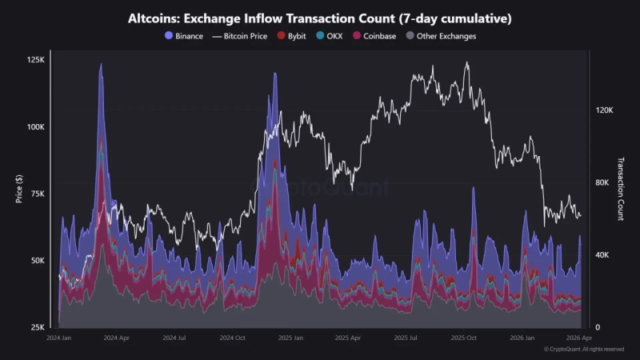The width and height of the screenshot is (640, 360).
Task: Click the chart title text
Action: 320,18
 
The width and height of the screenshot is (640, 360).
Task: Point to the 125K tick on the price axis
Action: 36,60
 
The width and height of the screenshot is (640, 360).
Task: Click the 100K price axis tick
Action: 36,127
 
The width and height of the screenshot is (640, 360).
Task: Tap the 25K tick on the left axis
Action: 38,327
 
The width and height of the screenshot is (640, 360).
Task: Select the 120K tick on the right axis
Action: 603,110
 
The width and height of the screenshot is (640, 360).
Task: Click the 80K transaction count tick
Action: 605,183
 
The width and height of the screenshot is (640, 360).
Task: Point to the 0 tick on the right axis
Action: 597,327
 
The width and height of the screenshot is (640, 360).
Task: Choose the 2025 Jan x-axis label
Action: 290,338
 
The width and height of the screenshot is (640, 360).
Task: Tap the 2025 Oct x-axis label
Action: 464,338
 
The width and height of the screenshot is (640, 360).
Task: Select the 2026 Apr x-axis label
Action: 578,338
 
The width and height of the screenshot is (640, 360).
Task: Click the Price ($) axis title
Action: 18,189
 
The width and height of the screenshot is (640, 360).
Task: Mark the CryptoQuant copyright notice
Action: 584,350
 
